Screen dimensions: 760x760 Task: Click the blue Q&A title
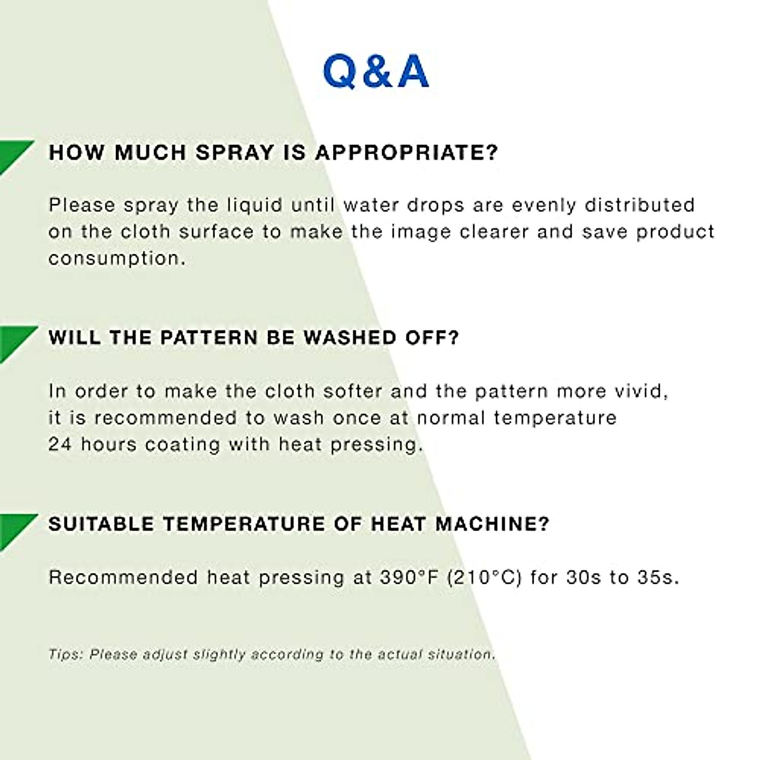coord(376,72)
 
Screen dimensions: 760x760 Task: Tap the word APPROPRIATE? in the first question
coord(407,152)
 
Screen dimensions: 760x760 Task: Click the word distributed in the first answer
coord(639,205)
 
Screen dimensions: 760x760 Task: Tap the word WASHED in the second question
coord(350,338)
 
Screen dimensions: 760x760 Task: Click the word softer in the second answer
coord(353,391)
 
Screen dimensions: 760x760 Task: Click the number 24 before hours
coord(60,445)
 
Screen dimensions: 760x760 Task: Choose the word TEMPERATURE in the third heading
coord(244,524)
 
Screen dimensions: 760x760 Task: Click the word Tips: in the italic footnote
coord(65,655)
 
